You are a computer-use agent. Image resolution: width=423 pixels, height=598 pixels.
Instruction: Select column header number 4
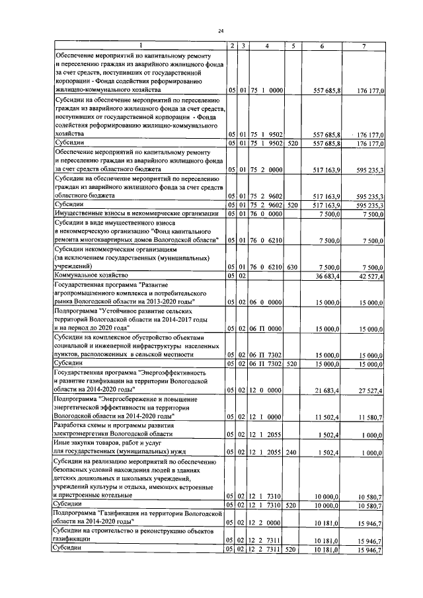[x=266, y=45]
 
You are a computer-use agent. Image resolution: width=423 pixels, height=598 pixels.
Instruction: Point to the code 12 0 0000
[x=266, y=391]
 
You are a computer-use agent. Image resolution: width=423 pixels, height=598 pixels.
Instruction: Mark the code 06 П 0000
[x=266, y=328]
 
